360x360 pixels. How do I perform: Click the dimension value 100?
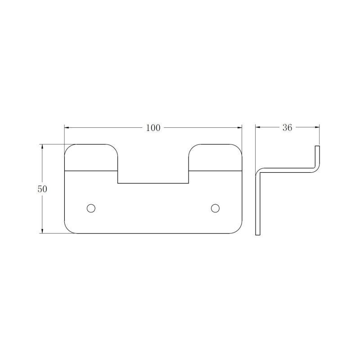[x=153, y=128]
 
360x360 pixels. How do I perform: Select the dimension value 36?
[x=287, y=128]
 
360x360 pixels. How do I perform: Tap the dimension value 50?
[x=42, y=189]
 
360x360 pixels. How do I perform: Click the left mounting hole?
[x=91, y=208]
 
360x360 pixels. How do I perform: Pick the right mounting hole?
[x=215, y=208]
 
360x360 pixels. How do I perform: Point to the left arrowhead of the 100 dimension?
[x=67, y=127]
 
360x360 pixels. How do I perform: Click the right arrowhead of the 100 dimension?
[x=240, y=127]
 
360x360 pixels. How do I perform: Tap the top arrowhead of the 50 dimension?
[x=42, y=147]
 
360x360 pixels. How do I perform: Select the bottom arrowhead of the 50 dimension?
[x=42, y=231]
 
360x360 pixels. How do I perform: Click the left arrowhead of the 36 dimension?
[x=258, y=127]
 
